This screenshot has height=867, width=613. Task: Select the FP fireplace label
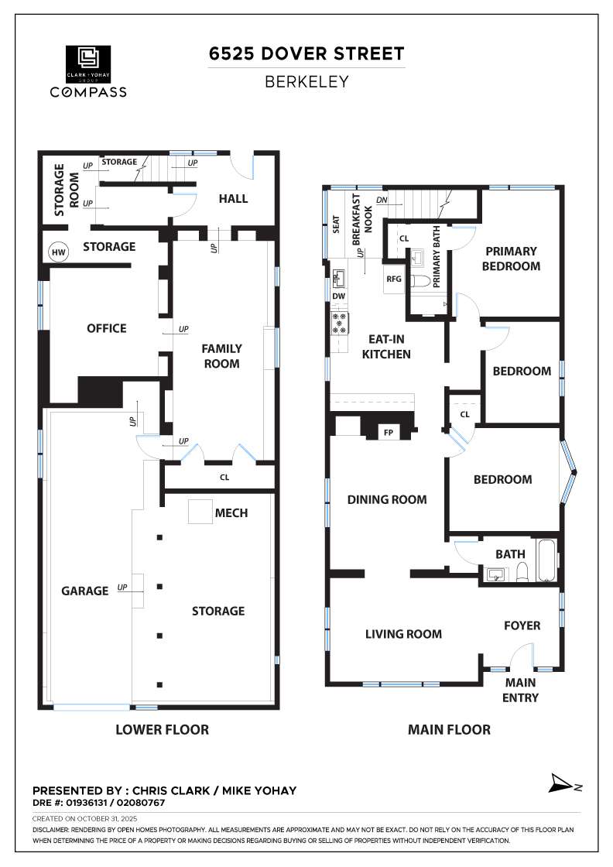pyautogui.click(x=389, y=433)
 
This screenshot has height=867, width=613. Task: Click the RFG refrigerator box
pyautogui.click(x=394, y=279)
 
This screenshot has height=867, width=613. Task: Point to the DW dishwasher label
pyautogui.click(x=338, y=296)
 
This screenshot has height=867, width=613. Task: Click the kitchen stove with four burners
pyautogui.click(x=339, y=323)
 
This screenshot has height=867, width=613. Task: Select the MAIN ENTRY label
pyautogui.click(x=521, y=690)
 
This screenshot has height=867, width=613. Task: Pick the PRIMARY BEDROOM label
pyautogui.click(x=511, y=259)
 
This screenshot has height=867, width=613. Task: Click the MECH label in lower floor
pyautogui.click(x=231, y=513)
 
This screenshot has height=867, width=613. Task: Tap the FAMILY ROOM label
pyautogui.click(x=221, y=356)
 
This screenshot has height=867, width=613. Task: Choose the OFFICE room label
pyautogui.click(x=107, y=328)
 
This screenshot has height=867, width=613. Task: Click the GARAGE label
pyautogui.click(x=85, y=591)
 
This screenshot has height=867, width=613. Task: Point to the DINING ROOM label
pyautogui.click(x=387, y=499)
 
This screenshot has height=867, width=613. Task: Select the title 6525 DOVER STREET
pyautogui.click(x=306, y=53)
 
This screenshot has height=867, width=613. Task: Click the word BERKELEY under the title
pyautogui.click(x=306, y=81)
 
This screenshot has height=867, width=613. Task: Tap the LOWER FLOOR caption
pyautogui.click(x=162, y=729)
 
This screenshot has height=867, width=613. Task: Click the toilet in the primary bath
pyautogui.click(x=421, y=283)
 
